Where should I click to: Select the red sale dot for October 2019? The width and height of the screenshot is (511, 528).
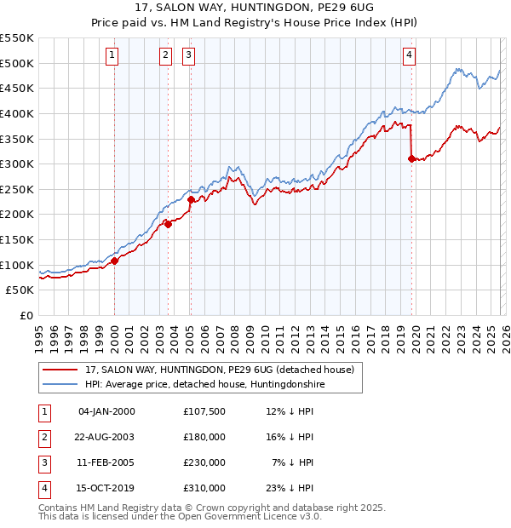tap(411, 158)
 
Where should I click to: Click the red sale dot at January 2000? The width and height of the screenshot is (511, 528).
tap(114, 261)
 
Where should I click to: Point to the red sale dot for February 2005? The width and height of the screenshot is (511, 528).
tap(192, 199)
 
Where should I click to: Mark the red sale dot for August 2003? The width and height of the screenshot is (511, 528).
tap(169, 224)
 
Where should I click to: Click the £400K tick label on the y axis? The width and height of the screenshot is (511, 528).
tap(17, 113)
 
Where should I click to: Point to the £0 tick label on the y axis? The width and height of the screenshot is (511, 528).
tap(26, 315)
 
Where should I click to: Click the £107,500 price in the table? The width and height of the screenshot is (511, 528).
tap(204, 411)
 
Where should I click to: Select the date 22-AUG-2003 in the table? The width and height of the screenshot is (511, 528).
tap(106, 437)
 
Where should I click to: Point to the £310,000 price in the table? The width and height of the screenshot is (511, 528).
tap(204, 488)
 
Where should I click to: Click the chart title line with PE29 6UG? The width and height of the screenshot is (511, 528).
tap(255, 10)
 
